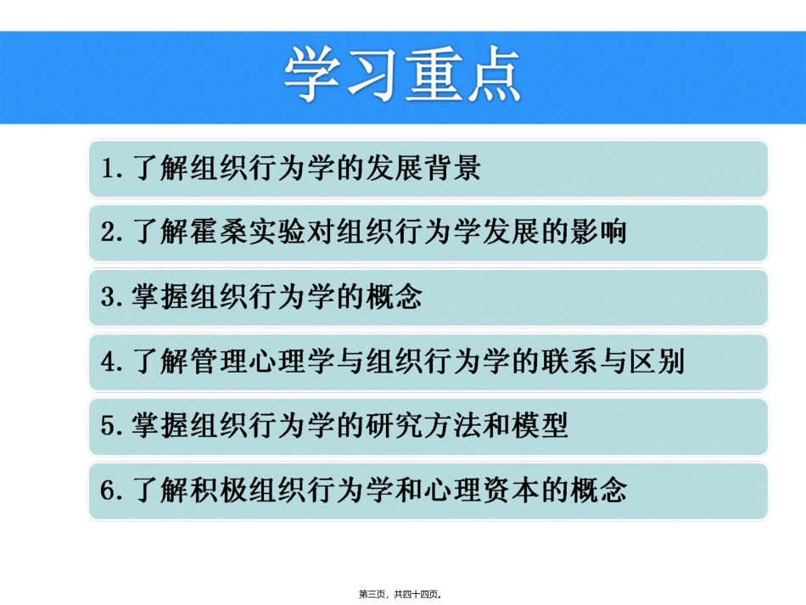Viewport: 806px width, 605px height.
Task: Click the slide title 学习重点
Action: tap(402, 75)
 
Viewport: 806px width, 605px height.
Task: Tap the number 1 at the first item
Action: tap(109, 168)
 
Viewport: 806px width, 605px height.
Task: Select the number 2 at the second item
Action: tap(109, 232)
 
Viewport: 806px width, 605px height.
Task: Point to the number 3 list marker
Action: tap(109, 297)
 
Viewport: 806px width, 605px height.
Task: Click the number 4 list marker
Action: tap(109, 361)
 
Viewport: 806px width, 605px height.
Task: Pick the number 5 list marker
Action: tap(109, 426)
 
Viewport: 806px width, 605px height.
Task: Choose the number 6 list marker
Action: tap(109, 490)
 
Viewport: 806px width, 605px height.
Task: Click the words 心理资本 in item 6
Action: tap(482, 490)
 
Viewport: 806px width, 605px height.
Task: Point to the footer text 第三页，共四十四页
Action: tap(403, 594)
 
